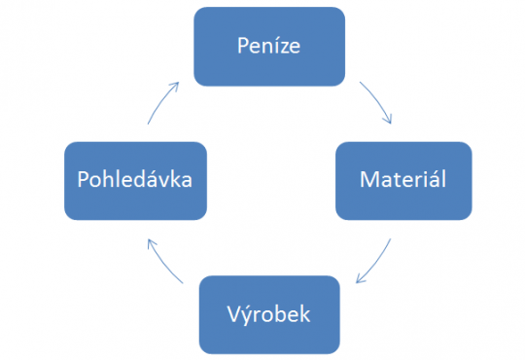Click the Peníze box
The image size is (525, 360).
(269, 46)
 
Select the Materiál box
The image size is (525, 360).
(403, 180)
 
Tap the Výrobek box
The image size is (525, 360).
(269, 314)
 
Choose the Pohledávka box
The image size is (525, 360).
(135, 180)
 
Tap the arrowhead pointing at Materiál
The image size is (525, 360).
(389, 120)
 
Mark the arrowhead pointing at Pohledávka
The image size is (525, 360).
(150, 240)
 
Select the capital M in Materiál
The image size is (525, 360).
(367, 180)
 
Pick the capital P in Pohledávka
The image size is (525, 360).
(82, 180)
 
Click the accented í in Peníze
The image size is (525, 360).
(275, 45)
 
